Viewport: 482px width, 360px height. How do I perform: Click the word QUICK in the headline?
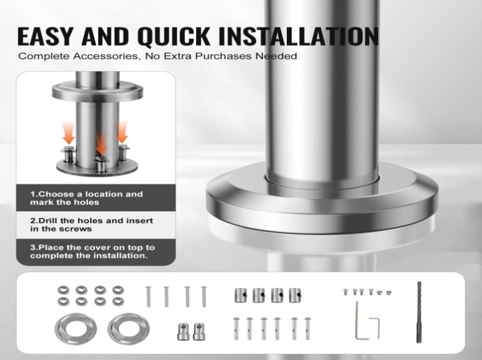pos(173,37)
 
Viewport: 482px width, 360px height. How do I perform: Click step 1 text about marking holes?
pos(87,198)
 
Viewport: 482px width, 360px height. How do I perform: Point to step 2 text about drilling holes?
pos(91,225)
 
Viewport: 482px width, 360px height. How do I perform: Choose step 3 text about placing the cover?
pos(92,251)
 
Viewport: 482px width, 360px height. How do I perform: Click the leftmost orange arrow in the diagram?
pos(68,133)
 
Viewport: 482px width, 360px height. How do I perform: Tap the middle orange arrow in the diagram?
pos(101,144)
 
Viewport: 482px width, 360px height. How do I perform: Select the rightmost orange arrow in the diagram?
pos(122,132)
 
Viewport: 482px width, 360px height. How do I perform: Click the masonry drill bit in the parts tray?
pos(419,312)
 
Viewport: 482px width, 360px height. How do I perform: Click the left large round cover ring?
pos(76,329)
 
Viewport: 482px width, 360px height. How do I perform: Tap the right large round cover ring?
pos(129,329)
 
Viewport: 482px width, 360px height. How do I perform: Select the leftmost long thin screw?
pos(148,296)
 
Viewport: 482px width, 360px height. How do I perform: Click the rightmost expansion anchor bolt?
pos(307,328)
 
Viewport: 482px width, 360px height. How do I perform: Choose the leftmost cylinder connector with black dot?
pos(241,295)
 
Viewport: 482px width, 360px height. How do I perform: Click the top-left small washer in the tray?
pos(64,290)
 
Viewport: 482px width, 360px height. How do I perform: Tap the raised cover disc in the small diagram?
pos(97,91)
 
